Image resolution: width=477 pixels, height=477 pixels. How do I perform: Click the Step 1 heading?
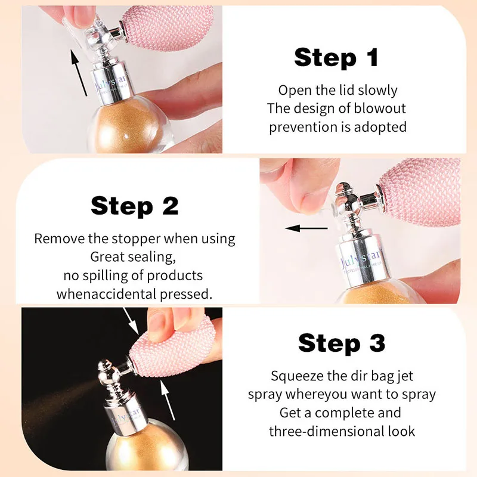click(x=336, y=58)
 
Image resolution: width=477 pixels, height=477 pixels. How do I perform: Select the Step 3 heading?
click(x=342, y=343)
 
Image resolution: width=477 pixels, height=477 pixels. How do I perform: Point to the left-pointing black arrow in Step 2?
click(x=306, y=228)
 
